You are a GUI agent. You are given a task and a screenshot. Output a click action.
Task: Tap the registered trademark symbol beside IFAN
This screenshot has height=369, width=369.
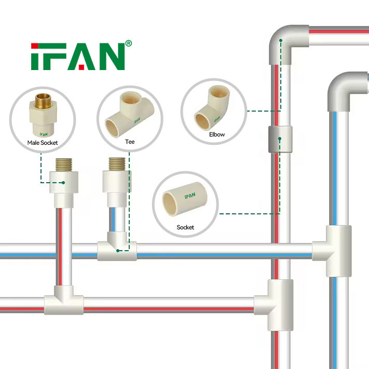point(129,44)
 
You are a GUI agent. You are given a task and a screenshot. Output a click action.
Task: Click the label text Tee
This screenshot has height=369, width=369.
point(130,141)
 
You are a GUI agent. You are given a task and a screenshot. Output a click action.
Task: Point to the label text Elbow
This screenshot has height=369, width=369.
point(217,134)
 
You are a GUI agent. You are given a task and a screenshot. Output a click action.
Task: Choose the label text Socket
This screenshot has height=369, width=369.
point(185,227)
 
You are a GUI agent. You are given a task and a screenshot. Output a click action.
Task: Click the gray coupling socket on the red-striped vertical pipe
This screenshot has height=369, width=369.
point(279,139)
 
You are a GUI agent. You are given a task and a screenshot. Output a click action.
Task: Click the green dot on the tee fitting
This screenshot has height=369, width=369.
point(119,250)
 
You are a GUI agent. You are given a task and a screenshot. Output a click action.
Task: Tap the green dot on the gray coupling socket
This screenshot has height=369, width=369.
point(279,139)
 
